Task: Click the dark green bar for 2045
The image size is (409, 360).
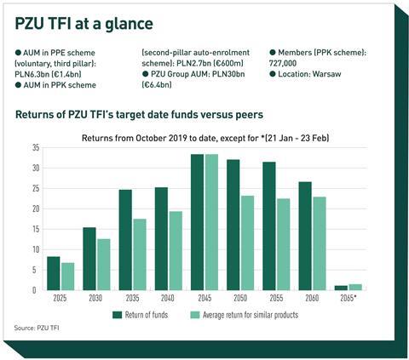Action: coord(198,222)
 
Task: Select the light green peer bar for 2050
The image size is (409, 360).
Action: coord(247,243)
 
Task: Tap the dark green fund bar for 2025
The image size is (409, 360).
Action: coord(54,273)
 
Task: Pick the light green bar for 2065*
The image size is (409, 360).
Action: coord(355,288)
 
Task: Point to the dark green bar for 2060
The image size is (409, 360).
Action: coord(305,236)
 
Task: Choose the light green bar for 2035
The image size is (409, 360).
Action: coord(140,254)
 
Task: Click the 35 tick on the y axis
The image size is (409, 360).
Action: coord(36,148)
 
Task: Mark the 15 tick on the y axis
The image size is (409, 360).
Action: coord(36,229)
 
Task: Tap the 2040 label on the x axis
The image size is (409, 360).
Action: coord(168,298)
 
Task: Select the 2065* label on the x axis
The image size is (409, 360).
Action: coord(348,298)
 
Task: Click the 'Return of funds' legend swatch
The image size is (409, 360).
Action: coord(117,315)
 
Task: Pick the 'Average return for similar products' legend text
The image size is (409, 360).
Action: coord(251,315)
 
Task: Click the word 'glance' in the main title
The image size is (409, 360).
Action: coord(129,24)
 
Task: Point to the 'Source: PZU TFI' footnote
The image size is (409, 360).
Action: coord(37,328)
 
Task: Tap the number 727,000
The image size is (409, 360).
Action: coord(283,63)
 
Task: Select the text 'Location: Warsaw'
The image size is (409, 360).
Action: coord(309,74)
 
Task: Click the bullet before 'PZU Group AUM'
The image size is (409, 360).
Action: coord(145,74)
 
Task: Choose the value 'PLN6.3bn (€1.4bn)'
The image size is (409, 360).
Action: coord(48,74)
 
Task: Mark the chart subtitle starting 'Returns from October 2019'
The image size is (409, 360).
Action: coord(205,138)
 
